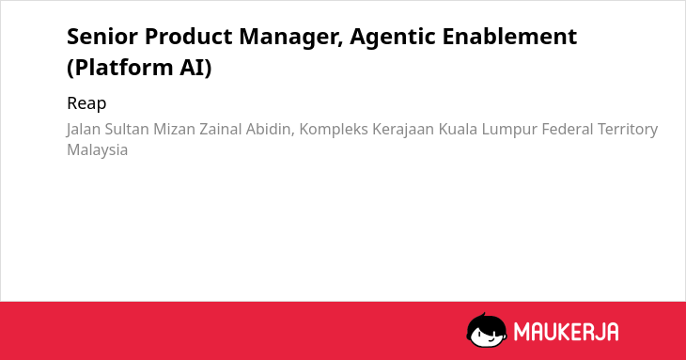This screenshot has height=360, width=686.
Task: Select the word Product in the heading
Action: pyautogui.click(x=189, y=36)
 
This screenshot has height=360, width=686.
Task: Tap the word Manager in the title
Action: pyautogui.click(x=291, y=38)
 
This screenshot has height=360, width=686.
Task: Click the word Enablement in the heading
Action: pyautogui.click(x=509, y=36)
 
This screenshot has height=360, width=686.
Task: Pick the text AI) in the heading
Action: pyautogui.click(x=195, y=68)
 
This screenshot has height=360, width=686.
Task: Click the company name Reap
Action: pyautogui.click(x=86, y=104)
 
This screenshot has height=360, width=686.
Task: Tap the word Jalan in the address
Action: pyautogui.click(x=84, y=130)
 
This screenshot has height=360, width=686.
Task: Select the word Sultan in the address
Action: pyautogui.click(x=127, y=129)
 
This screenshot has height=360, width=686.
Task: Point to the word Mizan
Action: pyautogui.click(x=174, y=129)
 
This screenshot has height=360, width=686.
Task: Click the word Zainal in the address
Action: pyautogui.click(x=221, y=129)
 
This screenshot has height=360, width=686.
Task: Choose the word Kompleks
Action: pyautogui.click(x=334, y=130)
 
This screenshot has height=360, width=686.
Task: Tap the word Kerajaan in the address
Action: pyautogui.click(x=403, y=130)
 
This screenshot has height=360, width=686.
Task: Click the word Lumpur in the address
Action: pyautogui.click(x=509, y=130)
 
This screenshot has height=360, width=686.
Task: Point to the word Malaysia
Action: pyautogui.click(x=97, y=150)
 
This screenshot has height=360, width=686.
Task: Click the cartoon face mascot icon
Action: pyautogui.click(x=487, y=330)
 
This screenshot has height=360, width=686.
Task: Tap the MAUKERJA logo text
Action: pyautogui.click(x=566, y=332)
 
